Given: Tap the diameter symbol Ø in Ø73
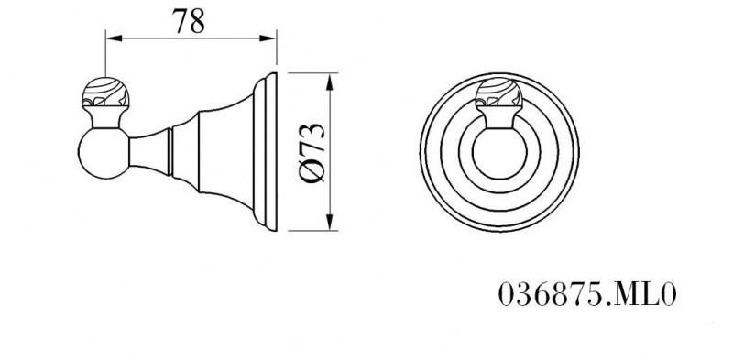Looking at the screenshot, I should pyautogui.click(x=311, y=173).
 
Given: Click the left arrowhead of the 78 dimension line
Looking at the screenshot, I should pyautogui.click(x=112, y=38).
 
